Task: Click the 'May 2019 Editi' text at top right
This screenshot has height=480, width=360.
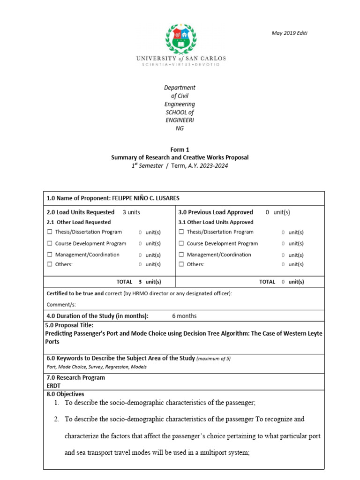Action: pyautogui.click(x=290, y=33)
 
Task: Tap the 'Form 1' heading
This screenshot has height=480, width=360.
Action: pyautogui.click(x=180, y=150)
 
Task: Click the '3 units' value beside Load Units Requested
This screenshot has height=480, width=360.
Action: pyautogui.click(x=131, y=212)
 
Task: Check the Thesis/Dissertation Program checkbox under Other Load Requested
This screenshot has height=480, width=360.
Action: pyautogui.click(x=50, y=232)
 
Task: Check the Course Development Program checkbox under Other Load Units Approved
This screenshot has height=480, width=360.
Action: pyautogui.click(x=181, y=244)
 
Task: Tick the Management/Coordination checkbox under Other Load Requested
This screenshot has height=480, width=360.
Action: pyautogui.click(x=50, y=255)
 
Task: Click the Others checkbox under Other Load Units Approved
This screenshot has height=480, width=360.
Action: pyautogui.click(x=181, y=264)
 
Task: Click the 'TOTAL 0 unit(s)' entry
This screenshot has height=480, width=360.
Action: pyautogui.click(x=281, y=282)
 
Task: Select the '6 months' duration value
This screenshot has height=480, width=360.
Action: pyautogui.click(x=184, y=316)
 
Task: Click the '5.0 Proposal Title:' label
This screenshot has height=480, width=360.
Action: pyautogui.click(x=69, y=325)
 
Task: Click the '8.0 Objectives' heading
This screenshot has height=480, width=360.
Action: pyautogui.click(x=65, y=394)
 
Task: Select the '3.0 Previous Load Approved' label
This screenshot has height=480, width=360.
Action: pyautogui.click(x=216, y=212)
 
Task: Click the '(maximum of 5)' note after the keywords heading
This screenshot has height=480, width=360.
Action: pyautogui.click(x=213, y=359)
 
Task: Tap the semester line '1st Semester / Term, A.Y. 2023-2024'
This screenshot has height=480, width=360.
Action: pyautogui.click(x=180, y=166)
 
